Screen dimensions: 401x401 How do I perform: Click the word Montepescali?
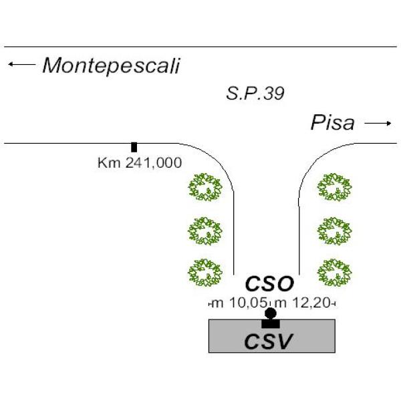pyautogui.click(x=112, y=66)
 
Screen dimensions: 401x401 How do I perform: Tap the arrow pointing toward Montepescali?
pyautogui.click(x=21, y=64)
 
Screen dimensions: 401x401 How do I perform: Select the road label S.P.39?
pyautogui.click(x=255, y=94)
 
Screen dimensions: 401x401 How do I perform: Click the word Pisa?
pyautogui.click(x=332, y=123)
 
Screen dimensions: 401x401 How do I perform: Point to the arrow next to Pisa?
pyautogui.click(x=378, y=124)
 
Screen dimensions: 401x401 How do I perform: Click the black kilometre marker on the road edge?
pyautogui.click(x=134, y=147)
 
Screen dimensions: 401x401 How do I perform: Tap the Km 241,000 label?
pyautogui.click(x=140, y=163)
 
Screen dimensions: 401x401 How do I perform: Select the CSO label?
pyautogui.click(x=269, y=283)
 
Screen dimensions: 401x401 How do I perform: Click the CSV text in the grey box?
pyautogui.click(x=268, y=342)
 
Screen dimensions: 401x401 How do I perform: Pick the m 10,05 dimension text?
pyautogui.click(x=240, y=303)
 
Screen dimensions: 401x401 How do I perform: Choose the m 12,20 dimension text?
pyautogui.click(x=303, y=303)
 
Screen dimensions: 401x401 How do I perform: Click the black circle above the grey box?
pyautogui.click(x=271, y=313)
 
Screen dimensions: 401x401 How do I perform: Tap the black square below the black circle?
pyautogui.click(x=271, y=323)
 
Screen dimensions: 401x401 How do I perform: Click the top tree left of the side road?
pyautogui.click(x=205, y=187)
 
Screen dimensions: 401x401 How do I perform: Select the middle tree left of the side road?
pyautogui.click(x=205, y=231)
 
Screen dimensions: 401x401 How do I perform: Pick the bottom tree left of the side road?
pyautogui.click(x=205, y=273)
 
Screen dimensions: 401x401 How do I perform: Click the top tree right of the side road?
pyautogui.click(x=335, y=187)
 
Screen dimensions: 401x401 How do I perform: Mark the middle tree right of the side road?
pyautogui.click(x=335, y=231)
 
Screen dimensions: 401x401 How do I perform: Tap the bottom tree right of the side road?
pyautogui.click(x=335, y=273)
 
